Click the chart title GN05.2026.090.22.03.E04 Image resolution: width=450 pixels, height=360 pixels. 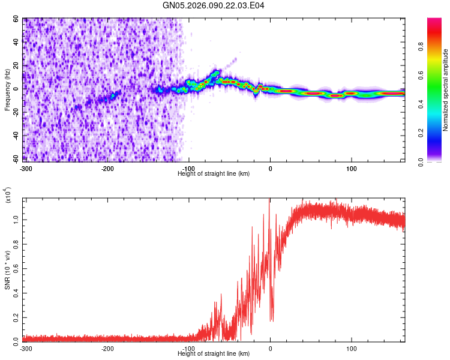(x=214, y=5)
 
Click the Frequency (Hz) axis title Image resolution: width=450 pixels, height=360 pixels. (x=7, y=89)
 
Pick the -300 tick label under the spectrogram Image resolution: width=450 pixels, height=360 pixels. (x=25, y=168)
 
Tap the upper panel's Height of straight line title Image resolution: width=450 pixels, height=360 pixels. (x=214, y=173)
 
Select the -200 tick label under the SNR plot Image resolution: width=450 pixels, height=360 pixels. (x=107, y=349)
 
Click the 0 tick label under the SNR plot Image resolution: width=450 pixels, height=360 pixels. (x=270, y=349)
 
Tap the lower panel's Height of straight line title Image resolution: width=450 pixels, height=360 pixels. (x=214, y=354)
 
